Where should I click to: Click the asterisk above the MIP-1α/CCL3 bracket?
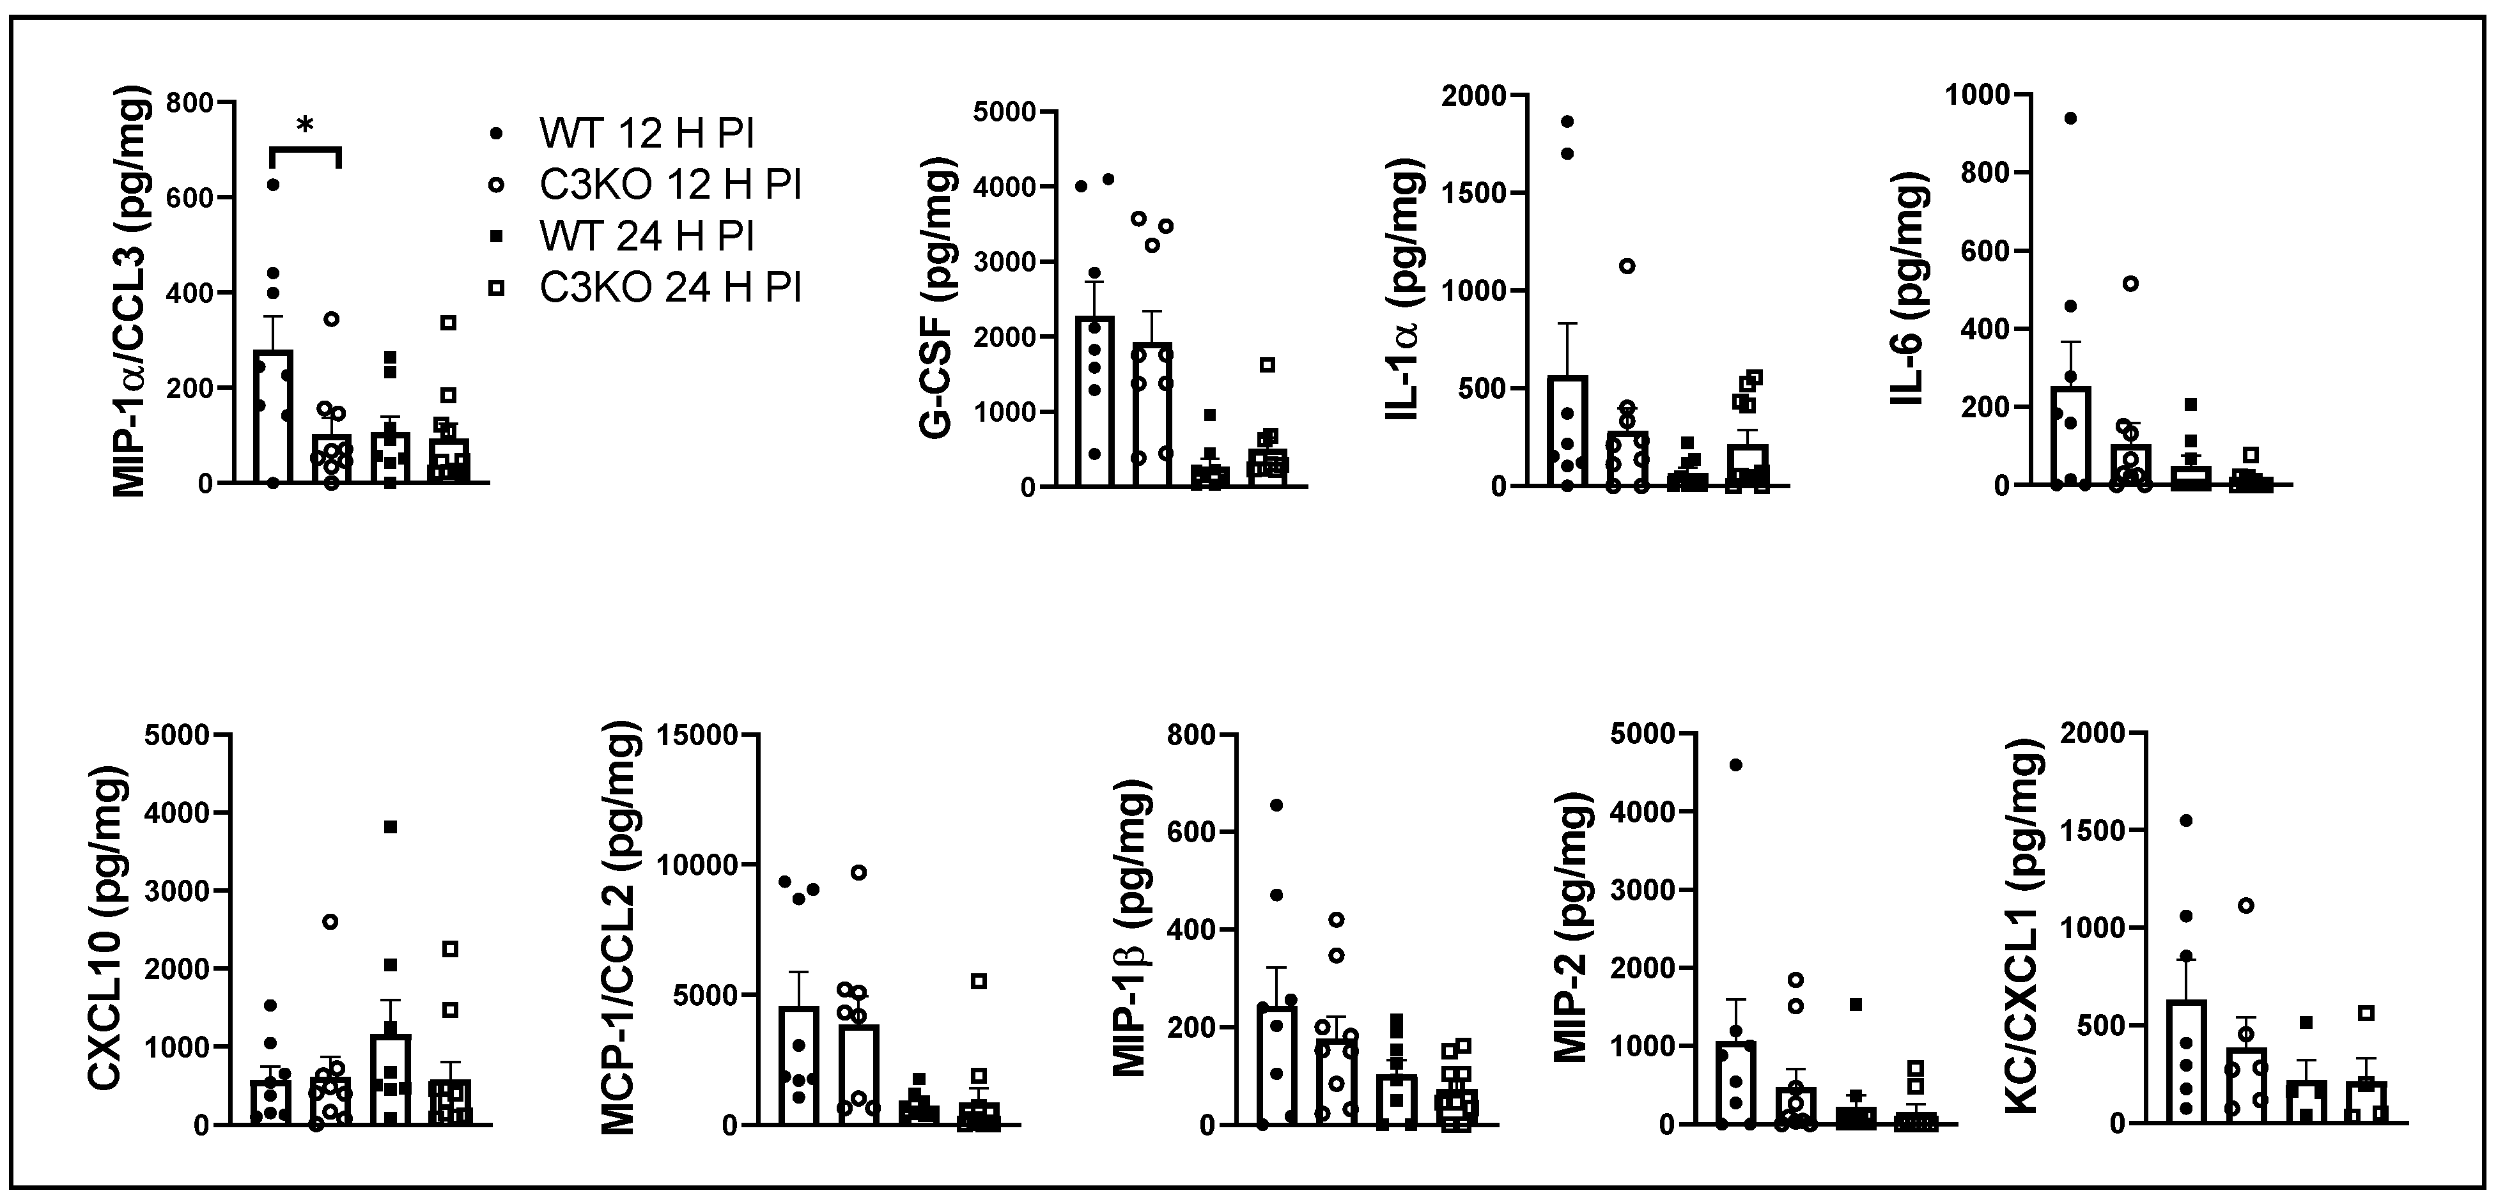click(x=306, y=125)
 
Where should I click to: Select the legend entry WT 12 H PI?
click(x=647, y=133)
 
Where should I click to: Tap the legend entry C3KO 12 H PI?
click(x=671, y=185)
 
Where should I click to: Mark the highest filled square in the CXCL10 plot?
click(x=391, y=828)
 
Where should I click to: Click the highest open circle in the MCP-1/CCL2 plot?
click(x=858, y=872)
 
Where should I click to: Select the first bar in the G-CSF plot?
click(x=1095, y=401)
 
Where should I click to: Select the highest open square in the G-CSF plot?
click(x=1267, y=366)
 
